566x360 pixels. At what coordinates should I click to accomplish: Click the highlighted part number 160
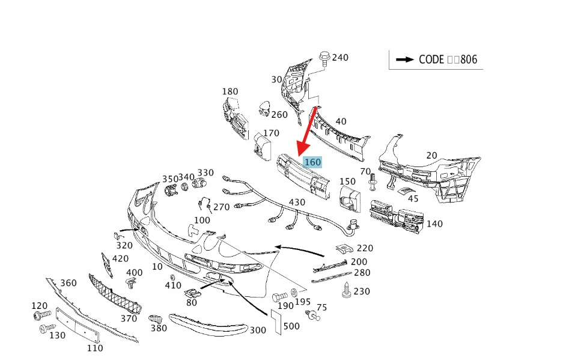point(312,162)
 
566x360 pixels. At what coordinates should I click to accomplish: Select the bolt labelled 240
point(324,58)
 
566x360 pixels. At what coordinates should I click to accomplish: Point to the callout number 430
point(297,203)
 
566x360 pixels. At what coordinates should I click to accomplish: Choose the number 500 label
point(291,326)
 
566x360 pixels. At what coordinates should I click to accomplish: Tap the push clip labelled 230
point(347,291)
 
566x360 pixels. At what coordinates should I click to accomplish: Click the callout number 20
point(431,155)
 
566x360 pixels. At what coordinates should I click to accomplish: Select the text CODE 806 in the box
point(448,59)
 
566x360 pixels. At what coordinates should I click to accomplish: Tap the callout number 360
point(68,283)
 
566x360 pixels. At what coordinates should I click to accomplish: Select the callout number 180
point(230,91)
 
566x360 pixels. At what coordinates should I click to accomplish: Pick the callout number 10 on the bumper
point(157,266)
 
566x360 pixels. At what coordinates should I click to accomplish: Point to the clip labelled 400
point(130,282)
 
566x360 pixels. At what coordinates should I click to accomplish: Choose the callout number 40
point(341,121)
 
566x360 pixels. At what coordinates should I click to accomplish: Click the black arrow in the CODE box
point(404,59)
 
